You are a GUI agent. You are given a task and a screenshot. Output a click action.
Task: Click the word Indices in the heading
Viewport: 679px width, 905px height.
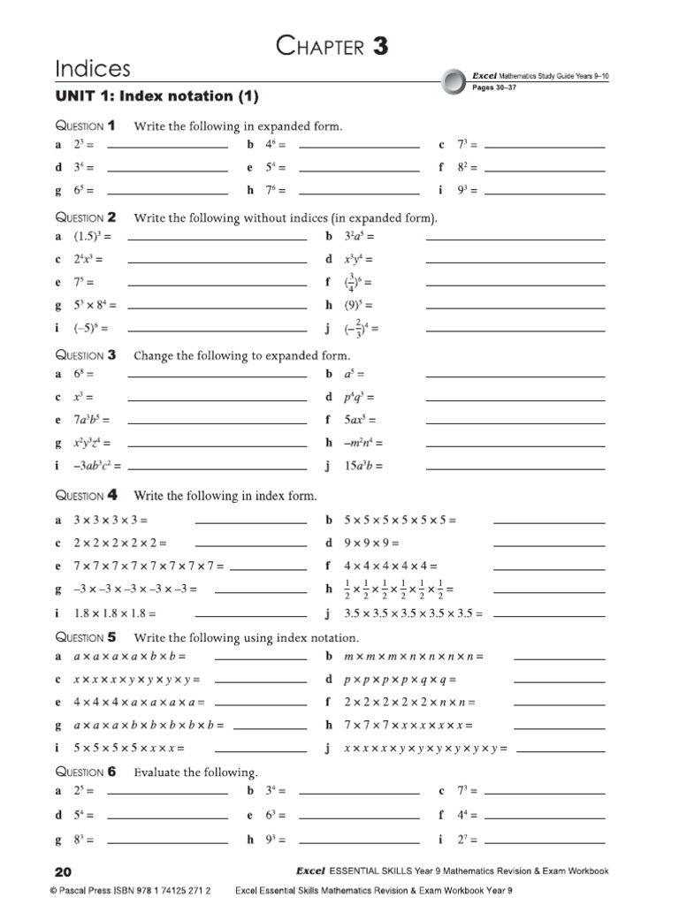tap(93, 69)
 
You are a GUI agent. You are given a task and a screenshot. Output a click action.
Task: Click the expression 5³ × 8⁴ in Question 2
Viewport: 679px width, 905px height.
tap(95, 306)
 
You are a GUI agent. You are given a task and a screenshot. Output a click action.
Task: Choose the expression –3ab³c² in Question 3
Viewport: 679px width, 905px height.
tap(97, 466)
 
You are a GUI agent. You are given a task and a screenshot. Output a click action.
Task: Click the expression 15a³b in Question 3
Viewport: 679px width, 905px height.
tap(360, 466)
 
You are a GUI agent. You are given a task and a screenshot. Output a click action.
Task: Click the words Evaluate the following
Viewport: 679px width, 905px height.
tap(195, 772)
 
